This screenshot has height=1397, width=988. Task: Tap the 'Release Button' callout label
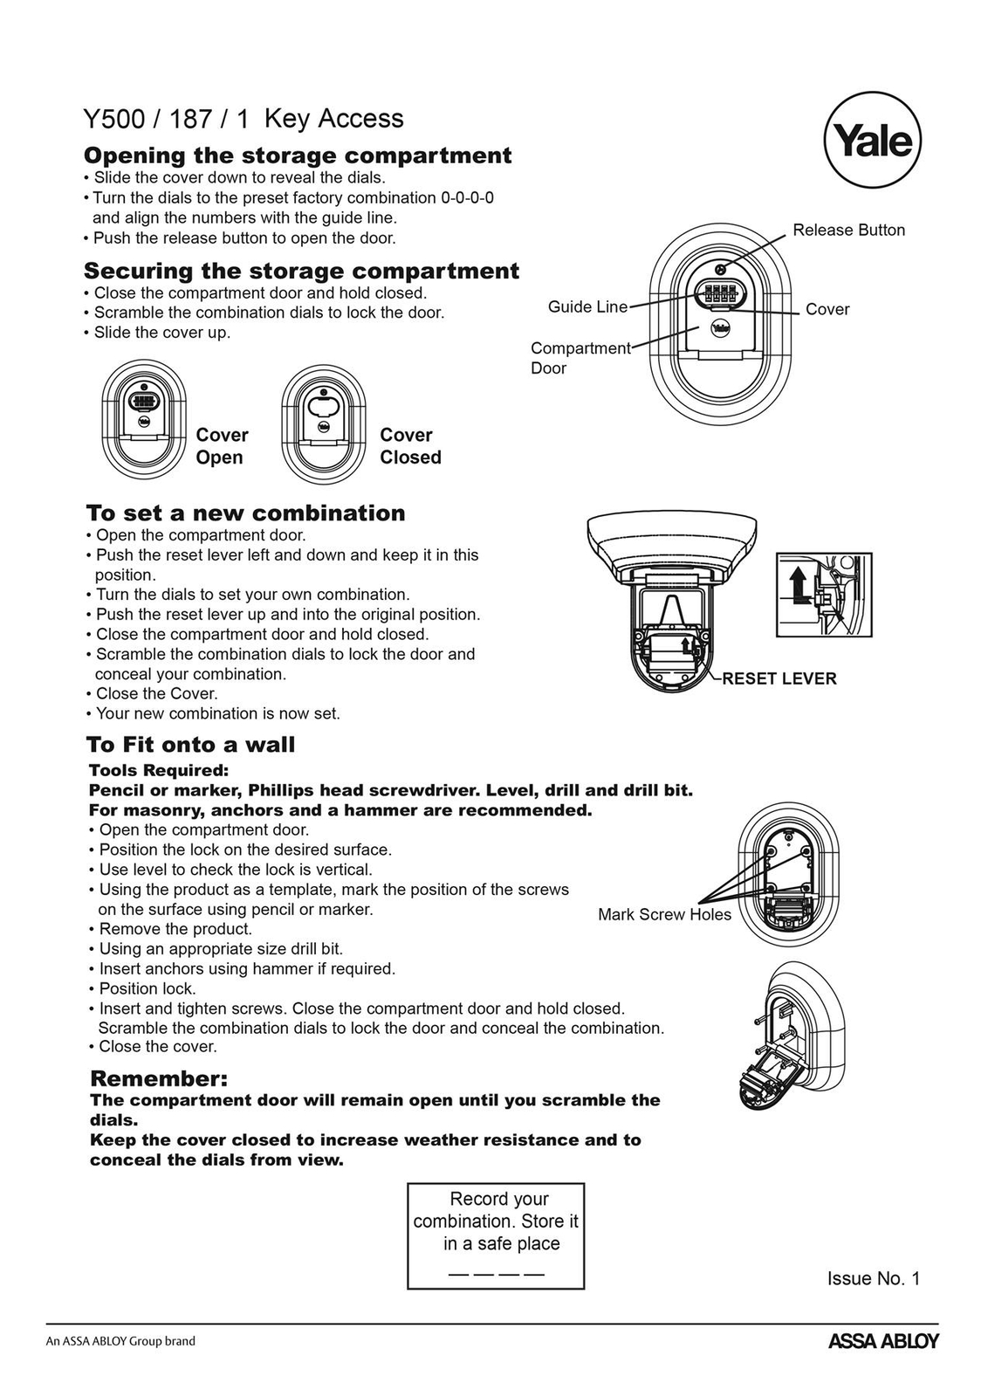848,230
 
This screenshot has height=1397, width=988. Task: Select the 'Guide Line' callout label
587,306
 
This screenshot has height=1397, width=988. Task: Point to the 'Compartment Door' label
580,358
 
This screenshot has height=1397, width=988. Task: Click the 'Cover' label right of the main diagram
827,309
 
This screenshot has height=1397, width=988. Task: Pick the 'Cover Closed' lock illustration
323,420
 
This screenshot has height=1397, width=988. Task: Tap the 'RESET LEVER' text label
779,678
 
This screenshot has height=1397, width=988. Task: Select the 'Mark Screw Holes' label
664,914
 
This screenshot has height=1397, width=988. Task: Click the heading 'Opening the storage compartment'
298,155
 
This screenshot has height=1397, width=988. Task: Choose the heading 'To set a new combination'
246,513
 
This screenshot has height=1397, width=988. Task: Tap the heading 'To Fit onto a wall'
191,745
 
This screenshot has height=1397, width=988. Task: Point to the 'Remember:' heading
159,1077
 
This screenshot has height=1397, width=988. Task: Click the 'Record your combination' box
496,1235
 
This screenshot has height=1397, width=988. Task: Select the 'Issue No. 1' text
873,1278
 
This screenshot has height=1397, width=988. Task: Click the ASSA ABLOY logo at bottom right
882,1341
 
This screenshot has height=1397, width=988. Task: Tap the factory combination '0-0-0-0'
467,198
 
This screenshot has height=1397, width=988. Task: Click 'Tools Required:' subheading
159,770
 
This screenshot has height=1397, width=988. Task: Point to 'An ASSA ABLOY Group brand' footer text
120,1341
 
